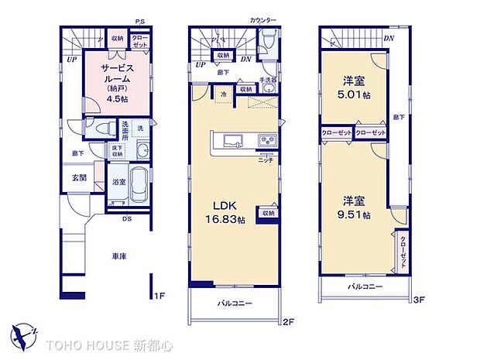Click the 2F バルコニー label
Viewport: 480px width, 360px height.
(235, 303)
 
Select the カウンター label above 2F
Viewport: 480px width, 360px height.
(264, 18)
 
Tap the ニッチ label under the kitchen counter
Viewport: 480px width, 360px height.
(266, 160)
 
